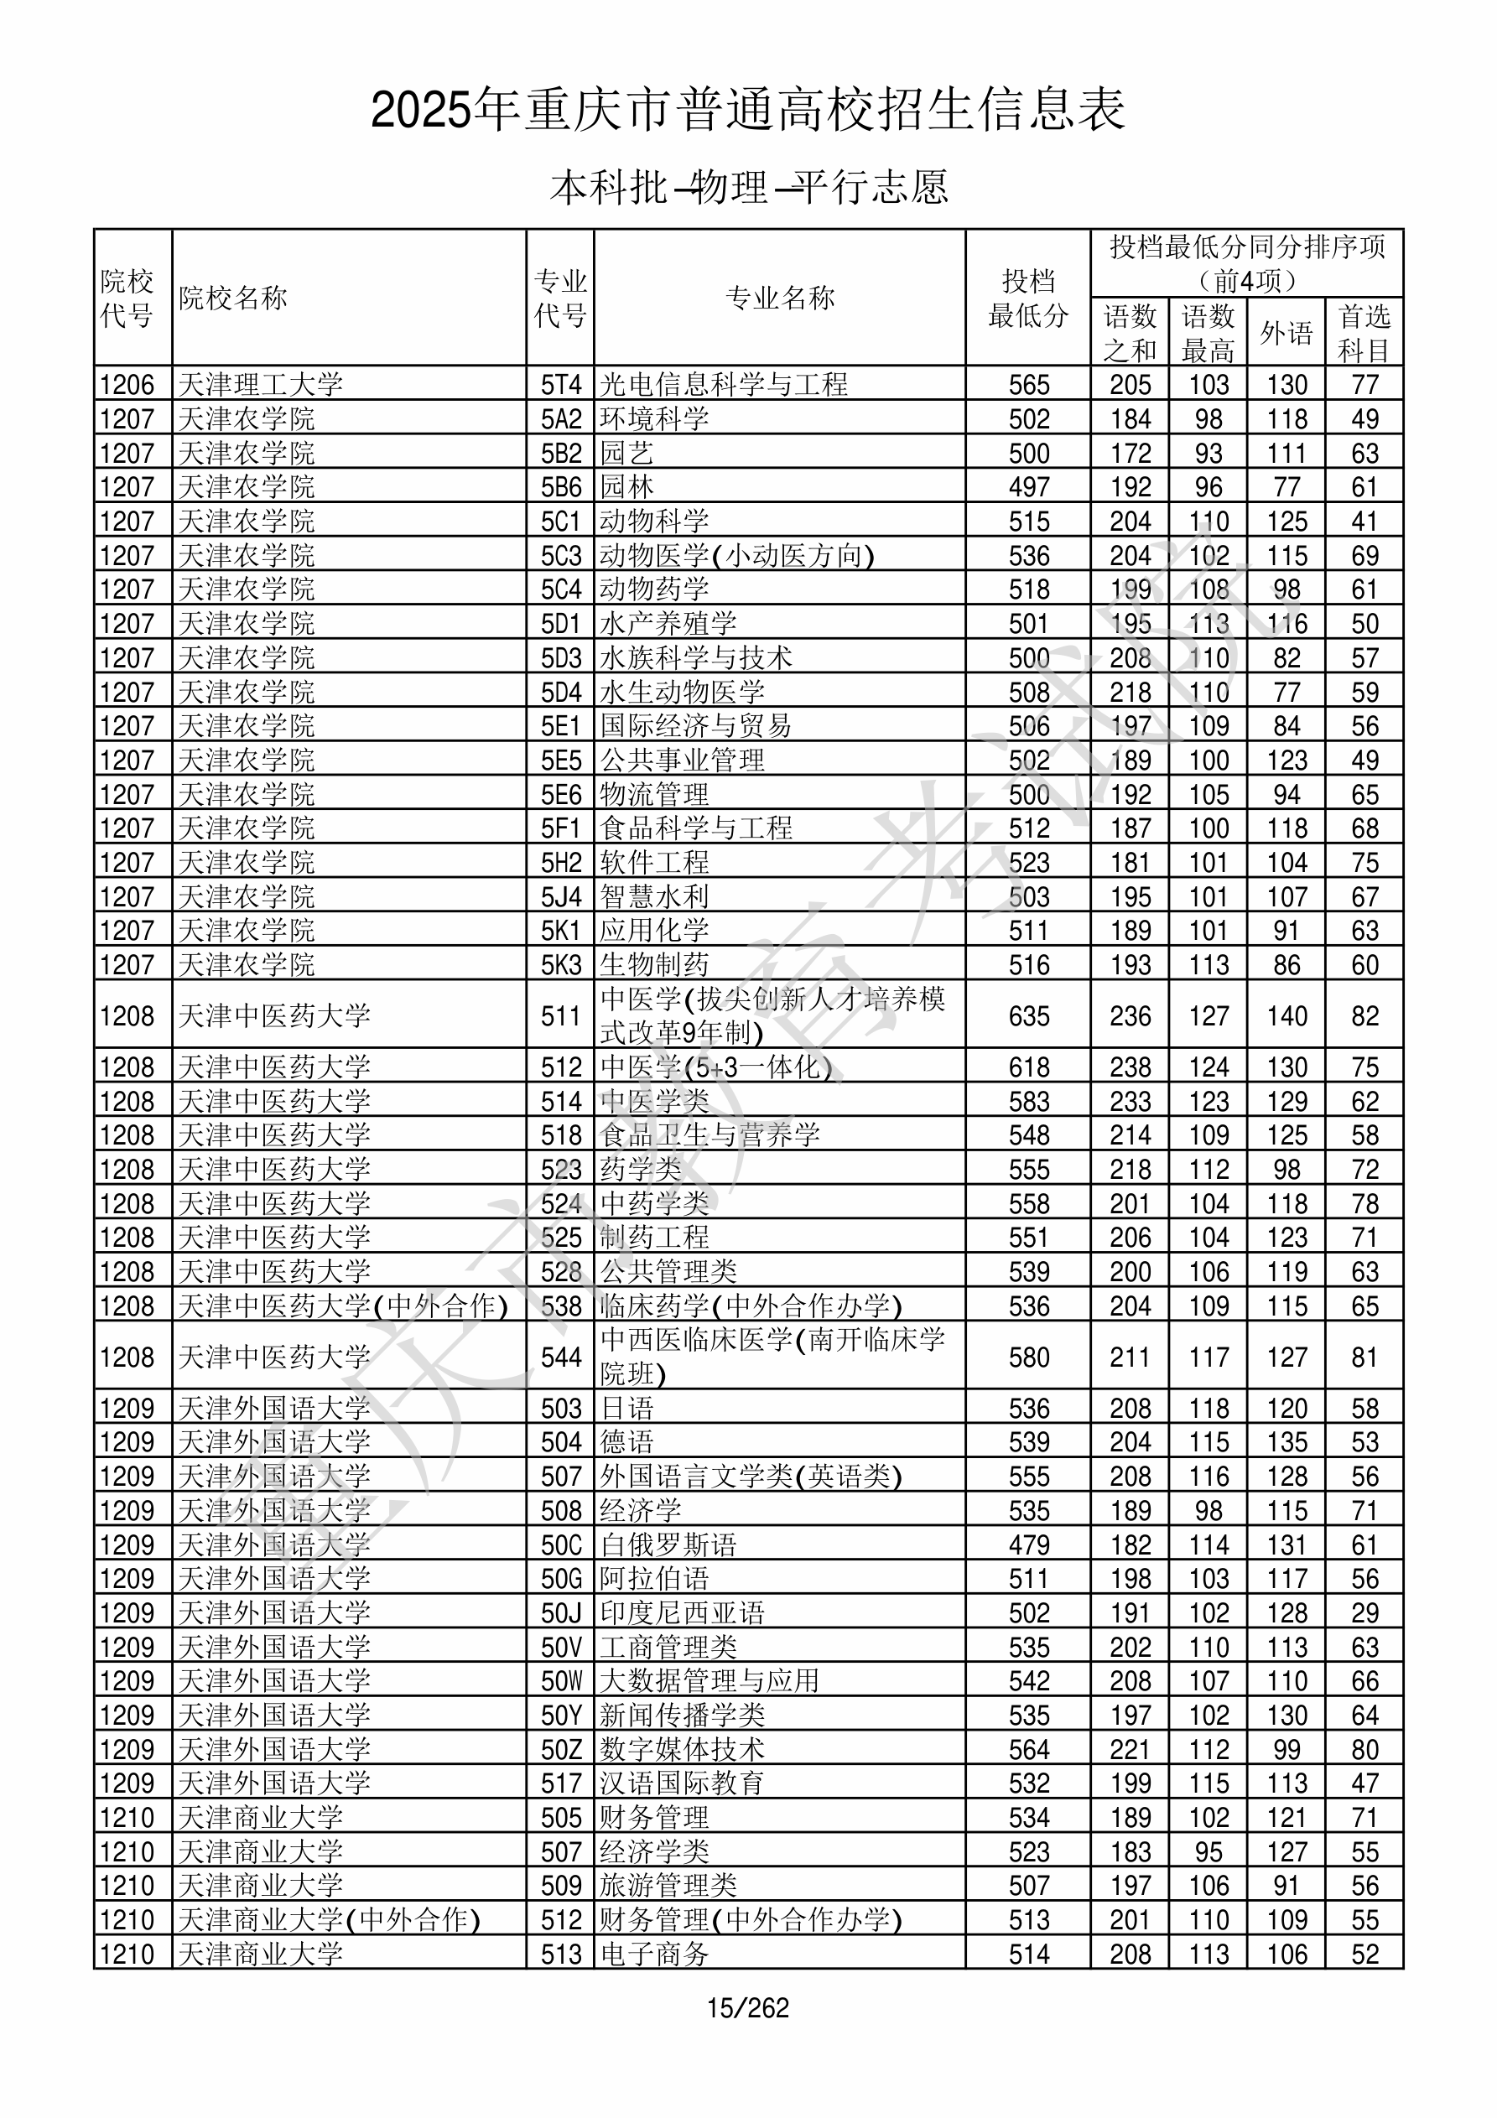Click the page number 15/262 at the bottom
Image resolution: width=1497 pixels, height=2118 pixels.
pos(747,2007)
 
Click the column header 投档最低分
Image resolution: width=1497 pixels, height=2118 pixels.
pos(1028,298)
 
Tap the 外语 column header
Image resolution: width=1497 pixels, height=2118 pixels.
pos(1286,332)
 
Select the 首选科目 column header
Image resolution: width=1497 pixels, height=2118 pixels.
pos(1364,332)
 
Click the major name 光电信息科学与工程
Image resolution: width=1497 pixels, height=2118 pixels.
pos(724,384)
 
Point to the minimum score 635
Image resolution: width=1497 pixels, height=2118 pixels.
pos(1028,1015)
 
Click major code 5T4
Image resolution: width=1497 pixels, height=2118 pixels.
pos(560,384)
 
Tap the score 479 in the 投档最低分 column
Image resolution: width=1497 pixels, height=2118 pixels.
pos(1028,1544)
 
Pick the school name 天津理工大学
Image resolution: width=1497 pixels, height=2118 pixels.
pos(260,384)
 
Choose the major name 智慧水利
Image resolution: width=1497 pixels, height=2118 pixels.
pos(654,895)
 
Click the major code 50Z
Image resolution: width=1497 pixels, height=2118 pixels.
pos(560,1749)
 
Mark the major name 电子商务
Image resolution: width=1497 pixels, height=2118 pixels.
pos(654,1954)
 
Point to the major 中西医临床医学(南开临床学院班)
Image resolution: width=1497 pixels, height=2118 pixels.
pos(772,1356)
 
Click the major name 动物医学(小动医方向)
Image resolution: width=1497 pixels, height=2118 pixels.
pos(736,555)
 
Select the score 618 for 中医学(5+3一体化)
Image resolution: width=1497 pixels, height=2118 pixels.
pos(1028,1067)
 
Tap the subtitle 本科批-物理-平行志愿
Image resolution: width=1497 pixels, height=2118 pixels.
pos(748,187)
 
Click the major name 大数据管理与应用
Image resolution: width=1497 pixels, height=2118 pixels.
pos(709,1681)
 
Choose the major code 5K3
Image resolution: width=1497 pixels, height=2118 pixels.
pos(560,965)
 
